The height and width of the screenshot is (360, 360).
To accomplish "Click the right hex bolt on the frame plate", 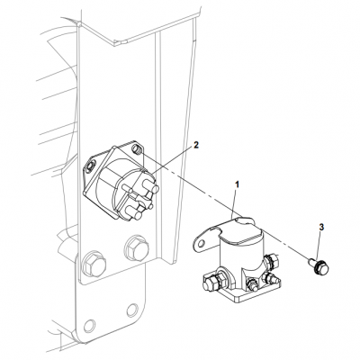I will (138, 246).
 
